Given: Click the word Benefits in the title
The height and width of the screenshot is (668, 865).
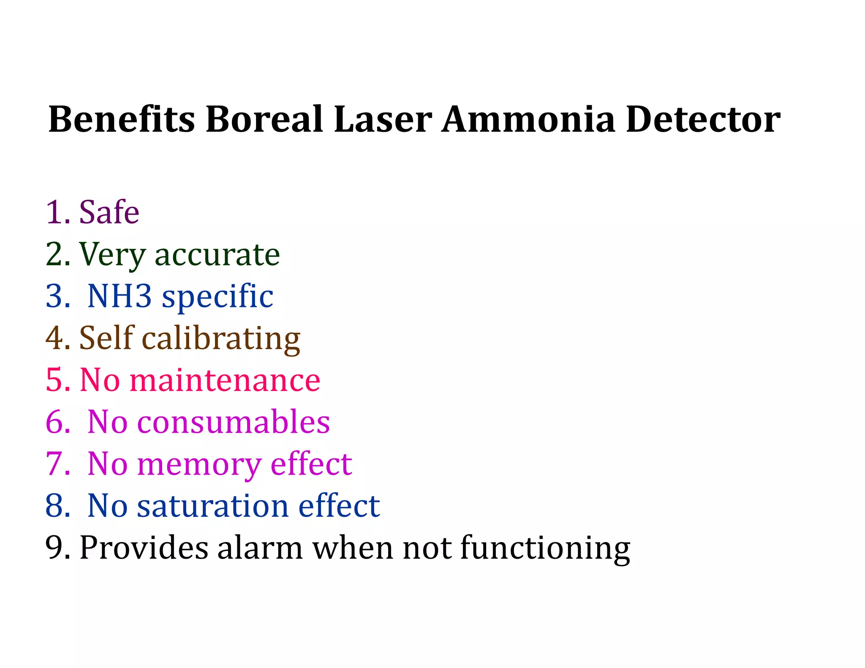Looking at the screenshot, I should pyautogui.click(x=122, y=119).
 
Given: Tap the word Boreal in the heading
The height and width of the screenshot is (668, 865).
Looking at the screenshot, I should pyautogui.click(x=264, y=119).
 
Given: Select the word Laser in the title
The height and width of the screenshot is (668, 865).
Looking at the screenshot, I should pyautogui.click(x=383, y=119).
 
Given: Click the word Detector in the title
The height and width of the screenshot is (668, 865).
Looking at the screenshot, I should pyautogui.click(x=703, y=119).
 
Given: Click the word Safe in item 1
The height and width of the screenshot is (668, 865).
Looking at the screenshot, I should pyautogui.click(x=109, y=212).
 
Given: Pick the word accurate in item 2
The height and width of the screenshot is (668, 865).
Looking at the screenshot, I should pyautogui.click(x=218, y=255).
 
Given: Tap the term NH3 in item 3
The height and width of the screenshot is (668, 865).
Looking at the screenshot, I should pyautogui.click(x=120, y=296).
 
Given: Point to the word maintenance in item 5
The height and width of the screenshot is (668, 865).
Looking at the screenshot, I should pyautogui.click(x=225, y=380).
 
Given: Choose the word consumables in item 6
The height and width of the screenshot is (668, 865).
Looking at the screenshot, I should pyautogui.click(x=234, y=422).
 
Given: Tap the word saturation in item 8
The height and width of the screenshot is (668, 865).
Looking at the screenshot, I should pyautogui.click(x=212, y=506).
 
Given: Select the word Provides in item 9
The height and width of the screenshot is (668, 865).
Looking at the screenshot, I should pyautogui.click(x=144, y=548).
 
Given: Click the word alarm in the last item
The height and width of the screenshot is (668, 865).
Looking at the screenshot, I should pyautogui.click(x=260, y=548).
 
